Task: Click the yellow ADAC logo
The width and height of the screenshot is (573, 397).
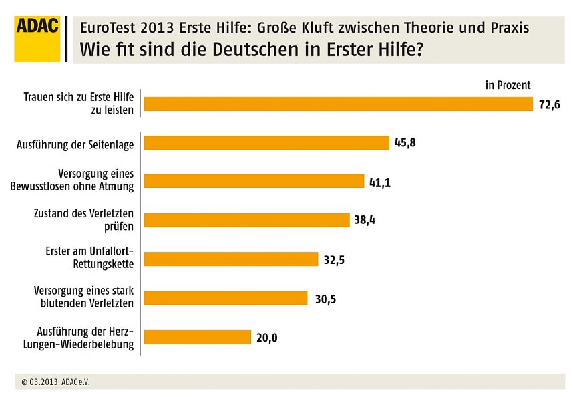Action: click(x=37, y=39)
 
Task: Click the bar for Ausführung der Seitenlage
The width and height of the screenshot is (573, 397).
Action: click(x=266, y=143)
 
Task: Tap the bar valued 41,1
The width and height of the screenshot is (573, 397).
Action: click(x=254, y=181)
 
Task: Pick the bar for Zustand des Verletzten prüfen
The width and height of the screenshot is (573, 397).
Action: click(x=246, y=220)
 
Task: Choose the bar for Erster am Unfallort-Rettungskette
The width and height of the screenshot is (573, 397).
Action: click(x=230, y=259)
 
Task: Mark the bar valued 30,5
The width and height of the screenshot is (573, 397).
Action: click(x=226, y=298)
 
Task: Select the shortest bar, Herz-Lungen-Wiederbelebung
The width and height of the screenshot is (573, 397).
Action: click(x=197, y=338)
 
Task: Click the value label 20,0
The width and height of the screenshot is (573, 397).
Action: click(x=266, y=338)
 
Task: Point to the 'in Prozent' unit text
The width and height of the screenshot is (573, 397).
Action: click(x=508, y=85)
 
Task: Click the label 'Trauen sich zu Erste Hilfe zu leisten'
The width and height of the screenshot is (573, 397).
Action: click(x=79, y=103)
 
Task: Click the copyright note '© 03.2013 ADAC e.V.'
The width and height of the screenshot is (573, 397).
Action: click(x=55, y=382)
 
